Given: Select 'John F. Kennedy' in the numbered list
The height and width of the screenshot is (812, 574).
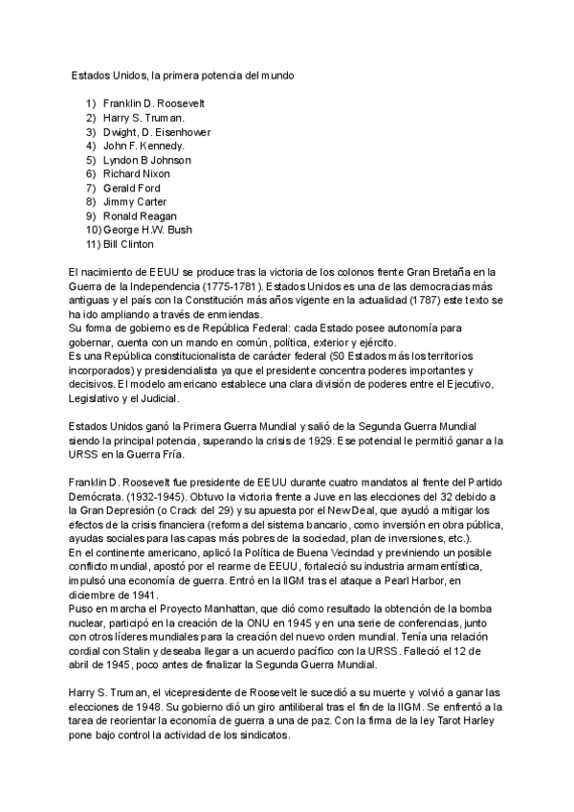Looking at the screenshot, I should [x=143, y=146].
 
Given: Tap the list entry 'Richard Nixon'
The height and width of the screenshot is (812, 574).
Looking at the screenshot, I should [x=136, y=174].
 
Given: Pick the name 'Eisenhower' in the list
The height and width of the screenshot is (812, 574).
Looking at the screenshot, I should [x=176, y=131].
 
